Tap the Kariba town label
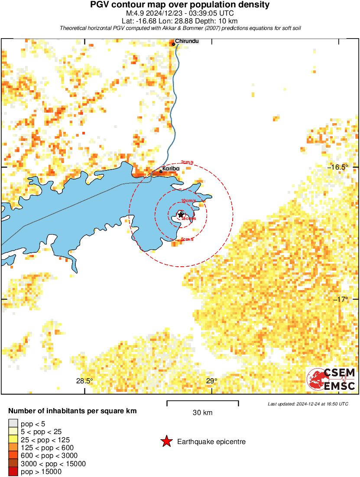(x=171, y=168)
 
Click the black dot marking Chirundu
(x=173, y=44)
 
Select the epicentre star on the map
(x=181, y=215)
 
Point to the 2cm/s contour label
(x=187, y=162)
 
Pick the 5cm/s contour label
(x=188, y=239)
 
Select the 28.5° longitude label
(x=84, y=381)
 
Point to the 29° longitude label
(x=211, y=381)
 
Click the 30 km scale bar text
(x=202, y=413)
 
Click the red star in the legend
(x=166, y=442)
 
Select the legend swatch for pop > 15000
(x=13, y=472)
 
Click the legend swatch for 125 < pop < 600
(x=13, y=448)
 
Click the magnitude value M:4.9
(x=136, y=13)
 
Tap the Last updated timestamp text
(x=308, y=404)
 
